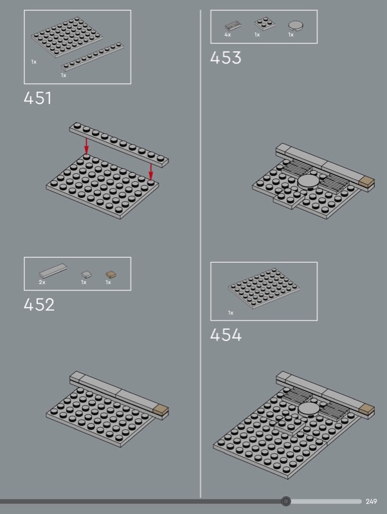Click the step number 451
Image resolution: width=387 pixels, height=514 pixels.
(37, 98)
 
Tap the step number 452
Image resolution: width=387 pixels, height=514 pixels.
(39, 305)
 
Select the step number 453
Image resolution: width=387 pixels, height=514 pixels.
(226, 58)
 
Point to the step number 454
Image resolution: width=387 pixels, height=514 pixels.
(226, 335)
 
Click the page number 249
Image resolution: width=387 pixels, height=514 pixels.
(372, 501)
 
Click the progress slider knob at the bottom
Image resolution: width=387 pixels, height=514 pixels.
(286, 501)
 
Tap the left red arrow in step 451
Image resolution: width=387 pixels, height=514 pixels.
(86, 146)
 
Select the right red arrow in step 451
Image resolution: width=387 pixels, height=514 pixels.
(151, 172)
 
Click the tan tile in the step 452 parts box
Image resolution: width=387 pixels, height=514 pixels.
(111, 274)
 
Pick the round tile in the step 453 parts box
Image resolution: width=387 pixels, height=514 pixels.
(296, 25)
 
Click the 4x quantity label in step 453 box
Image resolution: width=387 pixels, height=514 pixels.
(228, 35)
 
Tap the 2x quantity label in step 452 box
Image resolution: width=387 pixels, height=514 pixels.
(42, 282)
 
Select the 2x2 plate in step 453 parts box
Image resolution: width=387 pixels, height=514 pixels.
(265, 23)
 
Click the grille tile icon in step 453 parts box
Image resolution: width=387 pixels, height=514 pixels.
(233, 26)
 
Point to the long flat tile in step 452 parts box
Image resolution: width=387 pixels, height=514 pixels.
(53, 270)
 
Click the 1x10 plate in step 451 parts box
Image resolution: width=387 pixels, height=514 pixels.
(93, 57)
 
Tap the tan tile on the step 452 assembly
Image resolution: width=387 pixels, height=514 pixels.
(161, 410)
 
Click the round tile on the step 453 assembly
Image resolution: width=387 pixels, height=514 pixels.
(309, 181)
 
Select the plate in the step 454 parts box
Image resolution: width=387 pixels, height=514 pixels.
(264, 288)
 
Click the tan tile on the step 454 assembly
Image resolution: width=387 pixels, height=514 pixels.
(366, 409)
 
